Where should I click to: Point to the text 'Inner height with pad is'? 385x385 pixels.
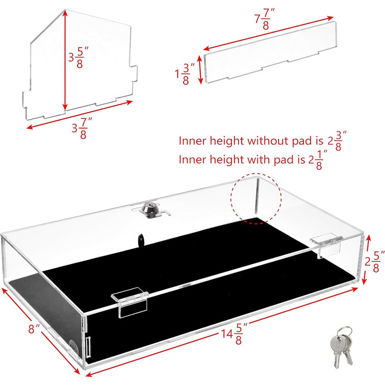tap(242, 160)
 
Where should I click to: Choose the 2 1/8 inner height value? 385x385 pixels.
tap(319, 160)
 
